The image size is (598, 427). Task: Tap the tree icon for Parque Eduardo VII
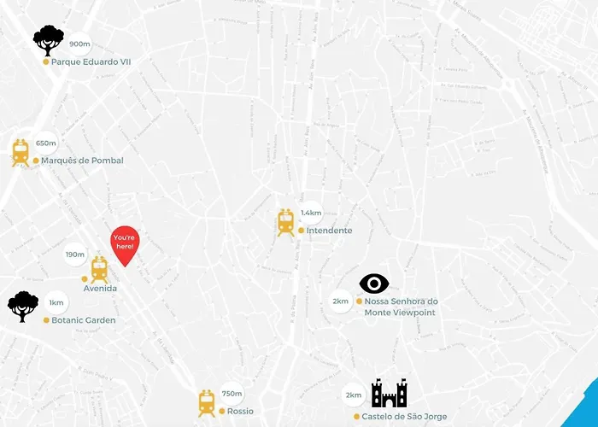[x=49, y=40]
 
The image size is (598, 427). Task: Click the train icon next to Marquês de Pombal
[x=21, y=152]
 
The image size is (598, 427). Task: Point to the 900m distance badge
[x=79, y=44]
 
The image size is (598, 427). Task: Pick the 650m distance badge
[x=46, y=143]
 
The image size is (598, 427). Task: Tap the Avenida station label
[x=100, y=289]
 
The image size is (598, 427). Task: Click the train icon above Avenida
[x=99, y=269]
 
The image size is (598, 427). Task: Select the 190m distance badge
[x=75, y=254]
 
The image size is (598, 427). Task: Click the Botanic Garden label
[x=83, y=320]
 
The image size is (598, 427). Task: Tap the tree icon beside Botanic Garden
[x=23, y=306]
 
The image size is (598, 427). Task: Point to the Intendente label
[x=329, y=231]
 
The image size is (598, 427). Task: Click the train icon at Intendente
[x=285, y=222]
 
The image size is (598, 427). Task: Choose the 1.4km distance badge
[x=311, y=213]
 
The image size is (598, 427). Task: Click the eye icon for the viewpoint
[x=374, y=284]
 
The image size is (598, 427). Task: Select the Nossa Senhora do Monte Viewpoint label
[x=401, y=307]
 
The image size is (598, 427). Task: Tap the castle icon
[x=389, y=394]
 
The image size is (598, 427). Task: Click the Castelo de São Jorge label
[x=404, y=417]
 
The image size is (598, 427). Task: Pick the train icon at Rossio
[x=207, y=402]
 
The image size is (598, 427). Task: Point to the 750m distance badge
[x=232, y=394]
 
